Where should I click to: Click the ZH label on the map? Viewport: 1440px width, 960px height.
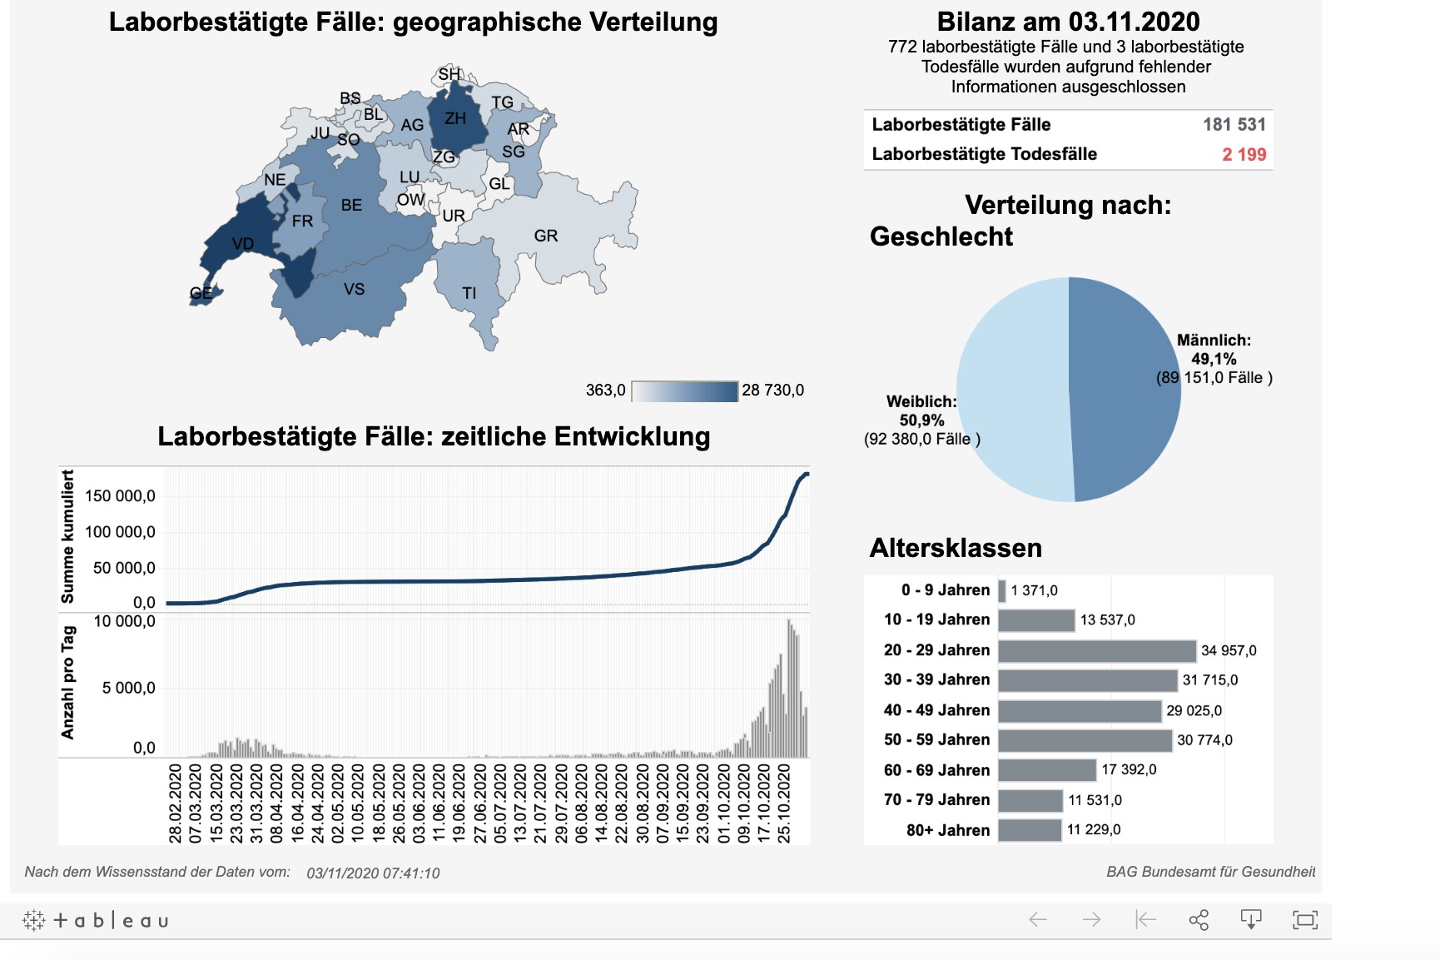(x=455, y=118)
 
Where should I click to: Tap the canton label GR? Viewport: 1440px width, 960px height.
(x=546, y=236)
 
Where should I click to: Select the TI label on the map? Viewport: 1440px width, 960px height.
(x=469, y=293)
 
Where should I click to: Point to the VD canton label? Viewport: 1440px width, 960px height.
(x=243, y=244)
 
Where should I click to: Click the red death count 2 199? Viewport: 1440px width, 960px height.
(x=1244, y=154)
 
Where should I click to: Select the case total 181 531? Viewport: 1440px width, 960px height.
(x=1234, y=125)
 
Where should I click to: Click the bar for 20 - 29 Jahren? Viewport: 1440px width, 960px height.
(x=1096, y=650)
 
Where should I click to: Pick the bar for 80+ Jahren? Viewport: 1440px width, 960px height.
(x=1030, y=830)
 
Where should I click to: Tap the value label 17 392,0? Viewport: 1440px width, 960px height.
(x=1129, y=769)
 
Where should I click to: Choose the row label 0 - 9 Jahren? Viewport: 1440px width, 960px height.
(x=945, y=590)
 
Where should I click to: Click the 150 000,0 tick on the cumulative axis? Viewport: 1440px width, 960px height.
(x=120, y=496)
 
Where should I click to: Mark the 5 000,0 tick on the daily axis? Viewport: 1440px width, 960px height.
(x=128, y=688)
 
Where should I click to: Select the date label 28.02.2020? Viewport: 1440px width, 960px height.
(x=176, y=803)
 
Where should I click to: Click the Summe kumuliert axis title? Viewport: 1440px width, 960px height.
(x=67, y=536)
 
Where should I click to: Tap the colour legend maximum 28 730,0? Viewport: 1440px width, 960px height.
(x=772, y=390)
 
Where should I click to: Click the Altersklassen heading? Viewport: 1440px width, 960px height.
(x=956, y=548)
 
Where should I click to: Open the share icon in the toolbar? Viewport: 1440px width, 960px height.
(x=1199, y=920)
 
